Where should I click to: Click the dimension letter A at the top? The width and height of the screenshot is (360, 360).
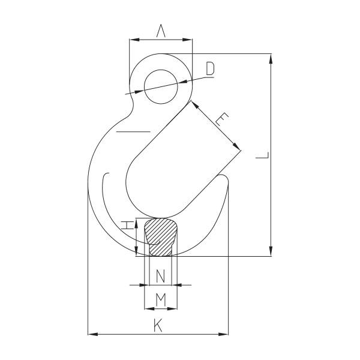[x=161, y=31]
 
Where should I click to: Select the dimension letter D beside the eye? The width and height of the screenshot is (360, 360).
[x=209, y=69]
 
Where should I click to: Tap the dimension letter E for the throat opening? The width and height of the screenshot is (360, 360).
[x=221, y=120]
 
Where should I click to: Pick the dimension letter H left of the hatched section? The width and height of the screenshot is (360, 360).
[x=127, y=226]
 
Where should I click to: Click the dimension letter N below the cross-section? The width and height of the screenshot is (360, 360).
[x=160, y=277]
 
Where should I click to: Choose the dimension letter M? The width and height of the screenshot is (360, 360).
[x=161, y=299]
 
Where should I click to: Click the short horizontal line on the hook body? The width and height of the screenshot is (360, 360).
[x=133, y=131]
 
